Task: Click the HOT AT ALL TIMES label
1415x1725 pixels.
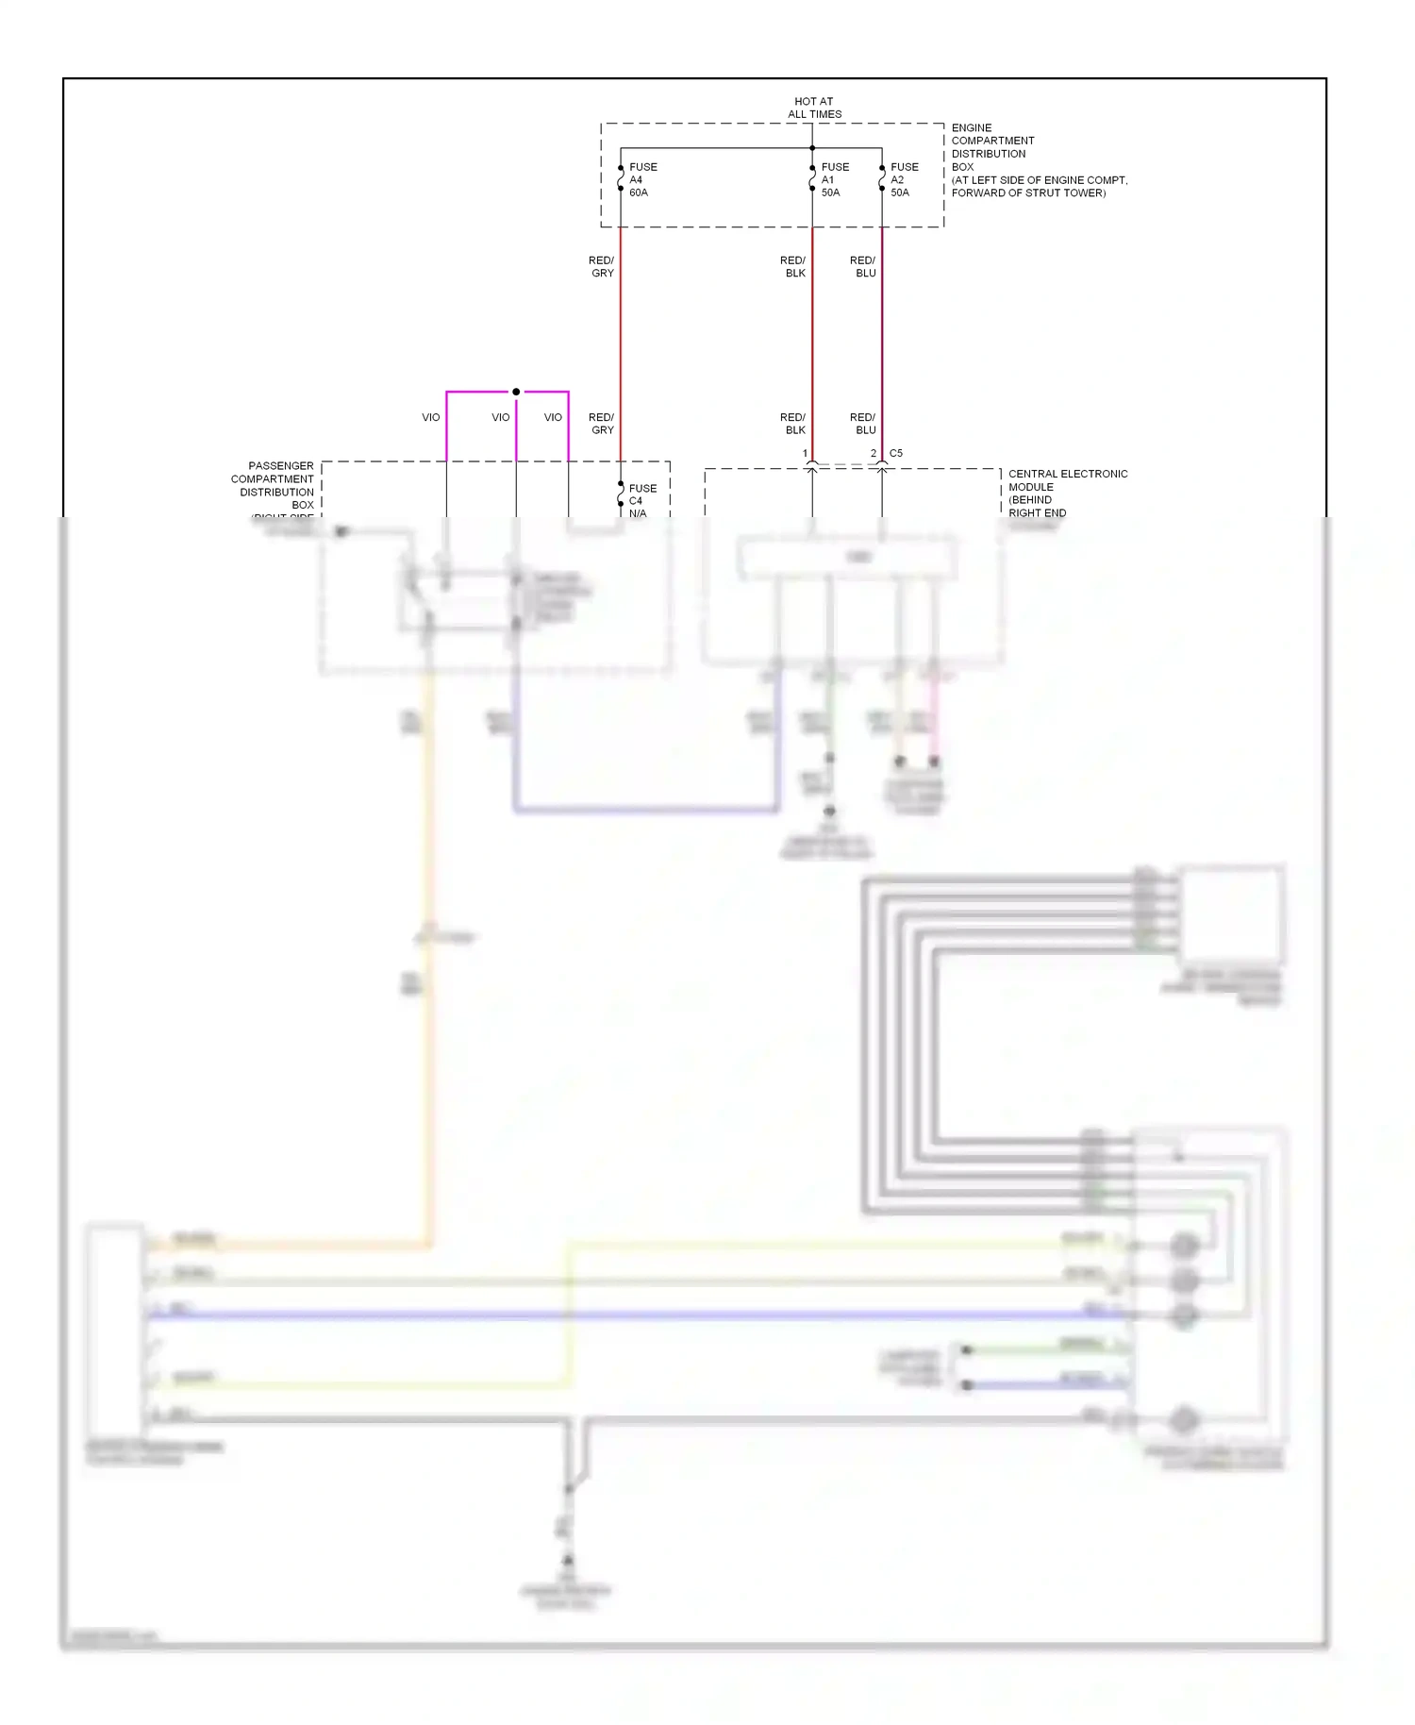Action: (814, 108)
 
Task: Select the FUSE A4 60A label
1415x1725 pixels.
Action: (642, 179)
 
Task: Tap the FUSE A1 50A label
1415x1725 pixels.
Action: (834, 179)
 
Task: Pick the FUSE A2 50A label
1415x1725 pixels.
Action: (903, 179)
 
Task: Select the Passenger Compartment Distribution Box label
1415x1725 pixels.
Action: (275, 485)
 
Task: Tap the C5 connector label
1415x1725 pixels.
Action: (895, 453)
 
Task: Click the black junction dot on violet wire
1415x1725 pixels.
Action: (516, 392)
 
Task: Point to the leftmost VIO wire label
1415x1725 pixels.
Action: (430, 417)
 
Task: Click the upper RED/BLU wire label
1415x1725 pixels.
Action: (863, 266)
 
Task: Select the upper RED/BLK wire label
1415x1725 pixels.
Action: (793, 266)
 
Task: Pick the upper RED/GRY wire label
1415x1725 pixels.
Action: (602, 266)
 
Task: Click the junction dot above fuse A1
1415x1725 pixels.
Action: (812, 148)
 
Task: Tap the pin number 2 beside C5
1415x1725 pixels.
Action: (874, 453)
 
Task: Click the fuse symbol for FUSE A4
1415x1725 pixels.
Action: (621, 178)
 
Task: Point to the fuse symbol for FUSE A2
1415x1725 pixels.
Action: (882, 178)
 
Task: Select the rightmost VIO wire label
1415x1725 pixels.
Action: (553, 417)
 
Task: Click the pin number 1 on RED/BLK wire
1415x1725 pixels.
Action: (805, 453)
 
